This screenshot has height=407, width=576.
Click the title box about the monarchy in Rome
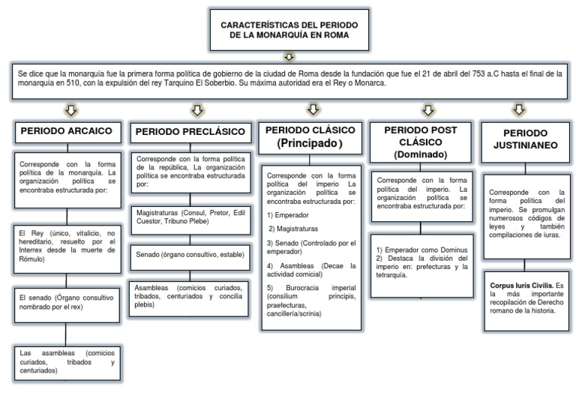tap(289, 31)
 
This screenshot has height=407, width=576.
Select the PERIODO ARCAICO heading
tap(67, 130)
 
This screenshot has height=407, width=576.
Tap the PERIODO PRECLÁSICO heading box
tap(190, 132)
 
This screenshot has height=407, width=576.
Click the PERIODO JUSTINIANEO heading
tap(519, 139)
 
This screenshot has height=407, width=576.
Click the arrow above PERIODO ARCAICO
tap(71, 110)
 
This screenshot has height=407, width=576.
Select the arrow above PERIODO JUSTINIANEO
tap(519, 110)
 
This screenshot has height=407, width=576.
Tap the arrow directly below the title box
tap(289, 56)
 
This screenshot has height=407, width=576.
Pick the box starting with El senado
tap(67, 302)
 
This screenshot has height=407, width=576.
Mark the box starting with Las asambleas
tap(67, 361)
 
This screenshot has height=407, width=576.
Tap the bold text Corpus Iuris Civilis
tap(514, 286)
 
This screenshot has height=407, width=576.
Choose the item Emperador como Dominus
tap(422, 249)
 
